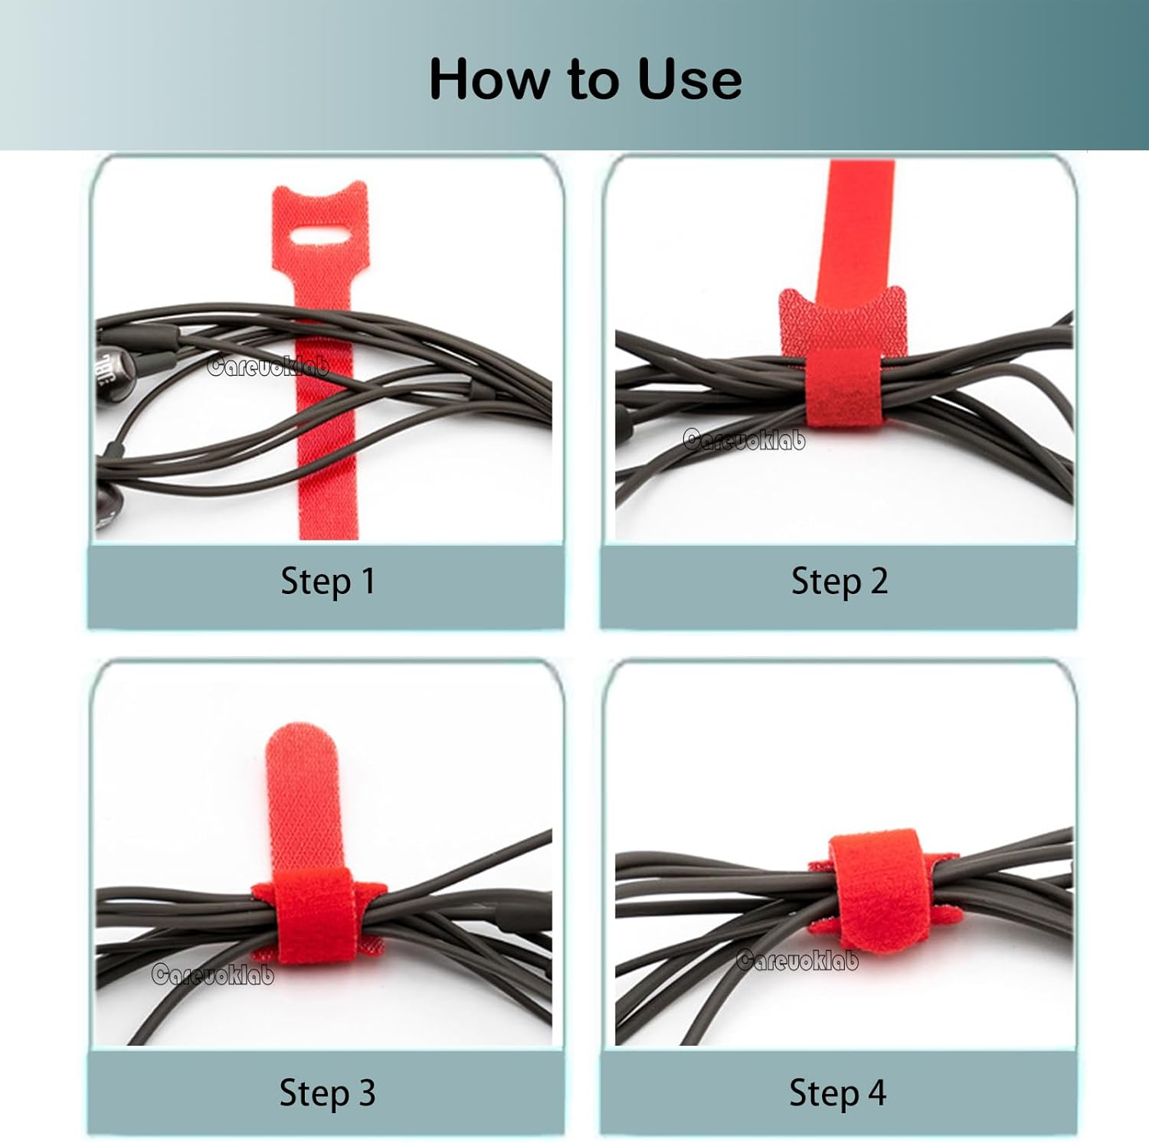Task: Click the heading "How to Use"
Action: click(585, 79)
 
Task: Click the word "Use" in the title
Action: click(689, 79)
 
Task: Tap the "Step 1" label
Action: click(328, 581)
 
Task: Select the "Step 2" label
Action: click(840, 581)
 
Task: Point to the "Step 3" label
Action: click(328, 1092)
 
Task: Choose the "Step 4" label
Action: click(838, 1092)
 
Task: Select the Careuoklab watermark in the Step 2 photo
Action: click(744, 439)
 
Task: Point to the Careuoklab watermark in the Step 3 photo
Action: click(212, 974)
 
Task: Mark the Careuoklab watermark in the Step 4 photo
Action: click(797, 960)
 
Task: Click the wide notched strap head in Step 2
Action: click(843, 318)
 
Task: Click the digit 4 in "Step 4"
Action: click(876, 1092)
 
